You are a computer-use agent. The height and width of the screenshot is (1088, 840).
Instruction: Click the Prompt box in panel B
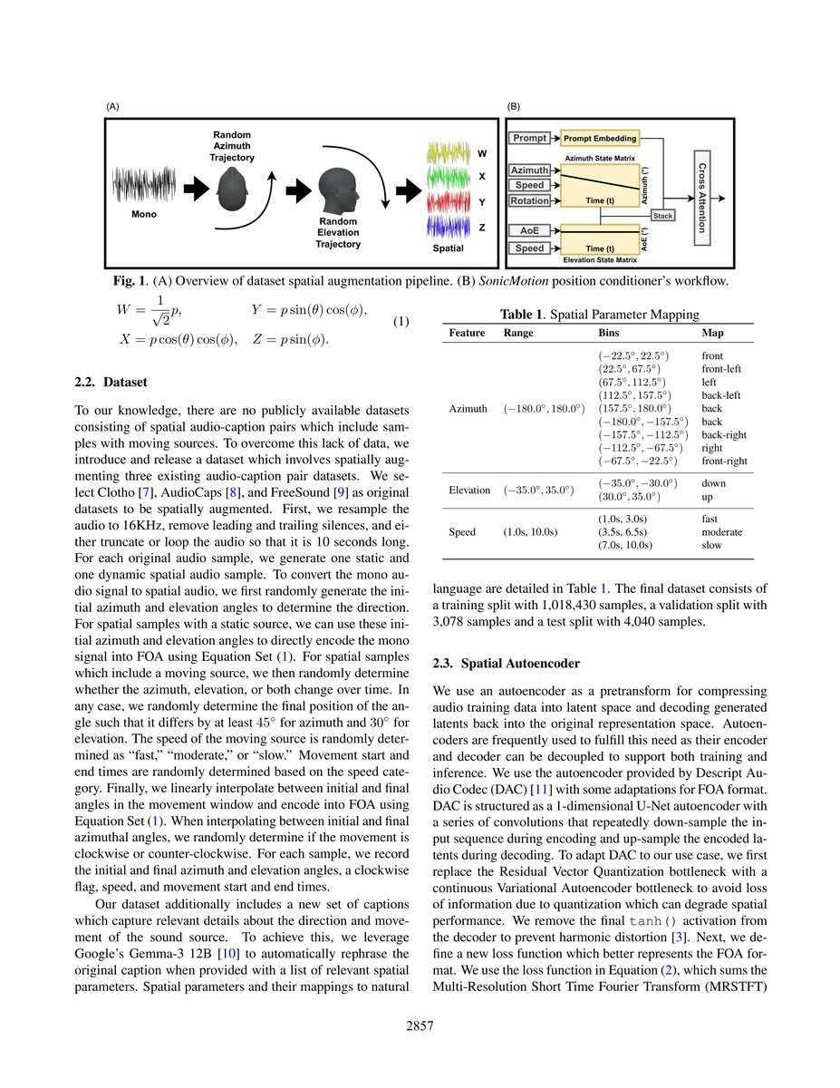[x=530, y=139]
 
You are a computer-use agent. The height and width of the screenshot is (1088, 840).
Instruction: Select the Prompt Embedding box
[x=600, y=139]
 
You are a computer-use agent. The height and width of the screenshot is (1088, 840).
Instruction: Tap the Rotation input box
[x=530, y=200]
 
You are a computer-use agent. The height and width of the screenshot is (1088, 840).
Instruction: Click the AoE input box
[x=530, y=231]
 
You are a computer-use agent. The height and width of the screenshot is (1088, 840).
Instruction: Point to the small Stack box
[x=662, y=216]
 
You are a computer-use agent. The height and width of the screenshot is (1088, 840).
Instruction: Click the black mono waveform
[x=144, y=189]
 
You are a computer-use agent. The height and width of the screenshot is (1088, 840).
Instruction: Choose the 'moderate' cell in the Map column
[x=721, y=531]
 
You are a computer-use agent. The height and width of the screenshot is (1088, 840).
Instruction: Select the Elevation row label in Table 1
[x=470, y=491]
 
